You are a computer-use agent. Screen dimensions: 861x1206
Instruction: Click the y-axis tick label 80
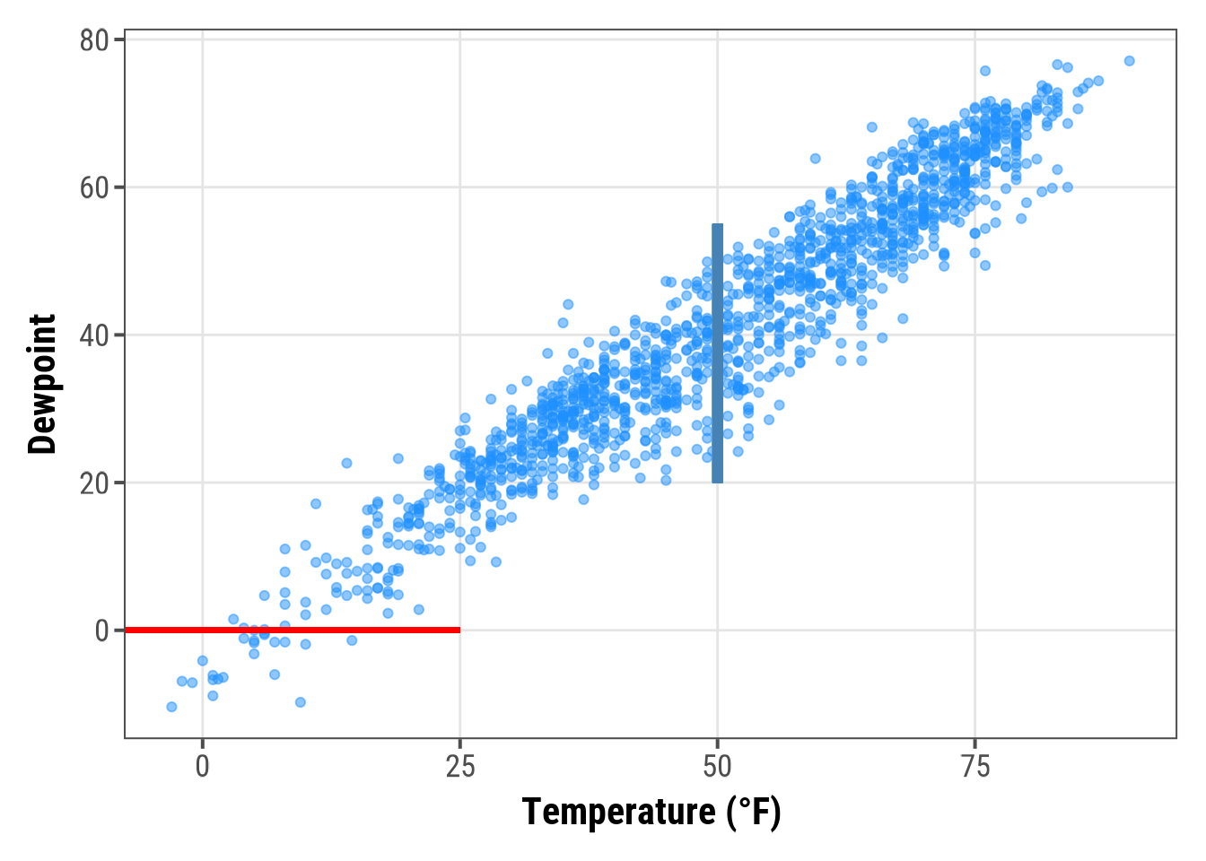(93, 40)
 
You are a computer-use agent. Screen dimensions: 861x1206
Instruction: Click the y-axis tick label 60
(93, 187)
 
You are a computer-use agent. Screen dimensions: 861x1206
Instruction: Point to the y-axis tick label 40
(93, 335)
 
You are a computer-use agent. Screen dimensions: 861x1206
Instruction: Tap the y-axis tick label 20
(93, 483)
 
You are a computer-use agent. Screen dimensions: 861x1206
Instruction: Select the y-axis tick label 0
(101, 631)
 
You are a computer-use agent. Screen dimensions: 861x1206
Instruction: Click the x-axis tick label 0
(203, 767)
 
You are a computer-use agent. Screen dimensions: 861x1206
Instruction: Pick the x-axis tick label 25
(460, 767)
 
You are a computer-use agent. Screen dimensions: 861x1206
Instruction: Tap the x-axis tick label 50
(718, 767)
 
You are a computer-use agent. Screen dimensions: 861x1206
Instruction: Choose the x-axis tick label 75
(975, 767)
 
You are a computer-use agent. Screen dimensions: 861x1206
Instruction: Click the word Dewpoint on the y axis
(42, 384)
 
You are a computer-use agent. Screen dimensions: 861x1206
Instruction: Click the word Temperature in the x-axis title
(619, 812)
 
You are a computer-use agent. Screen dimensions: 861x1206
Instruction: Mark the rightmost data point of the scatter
(1129, 61)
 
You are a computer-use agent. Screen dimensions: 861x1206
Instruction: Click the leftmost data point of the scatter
(171, 707)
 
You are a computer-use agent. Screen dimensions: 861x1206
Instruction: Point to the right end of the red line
(459, 630)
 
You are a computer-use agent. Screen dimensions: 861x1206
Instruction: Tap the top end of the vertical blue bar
(718, 226)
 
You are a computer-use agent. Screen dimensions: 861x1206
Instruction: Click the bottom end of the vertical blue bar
(718, 481)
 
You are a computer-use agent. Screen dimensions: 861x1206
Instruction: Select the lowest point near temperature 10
(301, 702)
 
